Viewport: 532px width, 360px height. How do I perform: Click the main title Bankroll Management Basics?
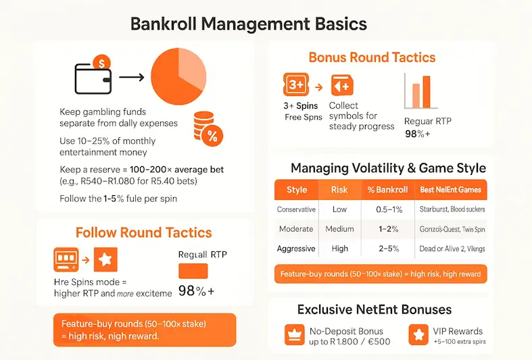point(248,24)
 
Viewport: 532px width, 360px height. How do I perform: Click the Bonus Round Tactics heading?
point(372,57)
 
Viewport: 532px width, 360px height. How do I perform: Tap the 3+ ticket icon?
point(296,85)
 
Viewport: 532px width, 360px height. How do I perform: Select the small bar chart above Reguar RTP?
point(417,91)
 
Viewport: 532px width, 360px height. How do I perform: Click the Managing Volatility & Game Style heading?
point(388,168)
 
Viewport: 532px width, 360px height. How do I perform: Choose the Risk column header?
point(339,190)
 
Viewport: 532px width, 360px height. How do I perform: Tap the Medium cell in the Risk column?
point(339,229)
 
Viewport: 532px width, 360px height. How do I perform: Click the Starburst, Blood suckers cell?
point(452,209)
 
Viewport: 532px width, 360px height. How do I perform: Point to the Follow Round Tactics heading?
point(143,233)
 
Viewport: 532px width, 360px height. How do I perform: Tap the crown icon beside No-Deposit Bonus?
point(293,334)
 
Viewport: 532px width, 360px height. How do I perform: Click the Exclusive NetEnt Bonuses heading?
point(374,310)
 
